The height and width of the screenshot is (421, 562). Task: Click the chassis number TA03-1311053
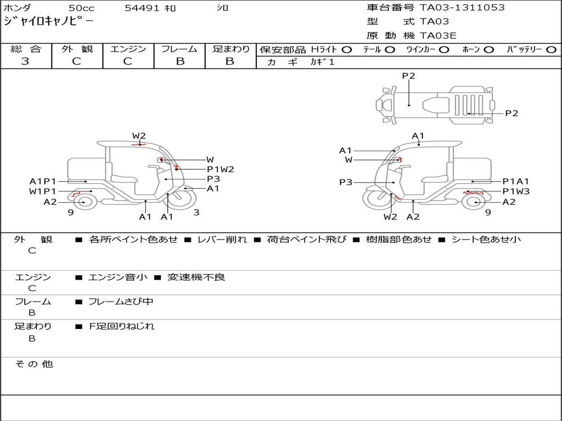point(462,8)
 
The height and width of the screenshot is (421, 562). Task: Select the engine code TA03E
point(438,36)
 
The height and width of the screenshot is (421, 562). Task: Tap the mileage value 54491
point(142,8)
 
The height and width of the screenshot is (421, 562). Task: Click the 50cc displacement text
point(81,8)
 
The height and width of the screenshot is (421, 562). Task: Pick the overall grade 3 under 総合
point(25,61)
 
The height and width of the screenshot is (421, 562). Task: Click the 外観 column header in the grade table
point(77,49)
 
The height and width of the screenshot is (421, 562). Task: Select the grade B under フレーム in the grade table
point(180,61)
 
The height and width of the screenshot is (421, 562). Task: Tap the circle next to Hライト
point(347,50)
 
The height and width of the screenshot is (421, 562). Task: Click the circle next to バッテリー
point(551,50)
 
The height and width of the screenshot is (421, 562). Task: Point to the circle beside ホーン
point(488,50)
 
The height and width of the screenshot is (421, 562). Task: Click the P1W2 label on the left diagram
point(220,169)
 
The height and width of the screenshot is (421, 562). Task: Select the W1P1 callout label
point(43,191)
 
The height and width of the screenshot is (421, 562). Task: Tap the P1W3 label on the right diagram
point(516,191)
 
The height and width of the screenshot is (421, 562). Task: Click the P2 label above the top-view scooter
point(408,76)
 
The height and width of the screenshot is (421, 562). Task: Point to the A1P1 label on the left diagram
point(43,181)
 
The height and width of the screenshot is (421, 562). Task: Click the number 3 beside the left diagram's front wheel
point(196,212)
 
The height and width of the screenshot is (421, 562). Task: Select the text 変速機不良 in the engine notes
point(196,277)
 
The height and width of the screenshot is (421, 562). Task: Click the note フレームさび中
point(121,302)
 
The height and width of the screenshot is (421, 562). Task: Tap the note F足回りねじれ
point(121,327)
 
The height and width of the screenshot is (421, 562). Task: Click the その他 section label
point(34,364)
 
